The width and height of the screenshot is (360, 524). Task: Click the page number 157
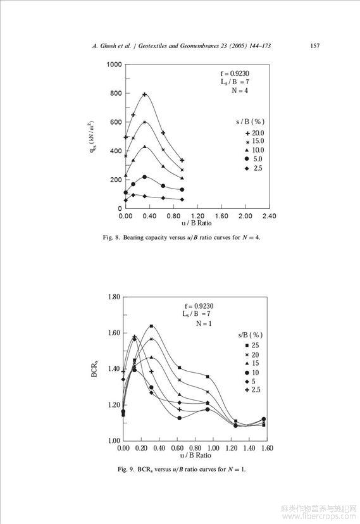314,46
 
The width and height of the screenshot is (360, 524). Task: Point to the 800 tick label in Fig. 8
116,93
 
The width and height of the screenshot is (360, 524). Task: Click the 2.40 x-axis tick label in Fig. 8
269,216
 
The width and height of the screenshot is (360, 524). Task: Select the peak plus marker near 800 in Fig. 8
145,94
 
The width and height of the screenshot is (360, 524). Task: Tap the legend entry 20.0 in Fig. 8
258,133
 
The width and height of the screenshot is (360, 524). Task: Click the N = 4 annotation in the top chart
240,90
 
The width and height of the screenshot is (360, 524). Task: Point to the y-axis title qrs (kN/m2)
92,137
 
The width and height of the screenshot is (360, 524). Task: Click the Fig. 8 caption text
182,237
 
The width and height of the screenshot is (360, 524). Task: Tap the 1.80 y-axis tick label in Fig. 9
114,297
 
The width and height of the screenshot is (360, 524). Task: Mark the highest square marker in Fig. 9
151,326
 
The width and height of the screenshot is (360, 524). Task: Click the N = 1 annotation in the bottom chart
204,323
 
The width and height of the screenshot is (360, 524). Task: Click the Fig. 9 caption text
182,469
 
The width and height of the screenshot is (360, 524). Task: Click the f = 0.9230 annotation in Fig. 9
199,306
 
